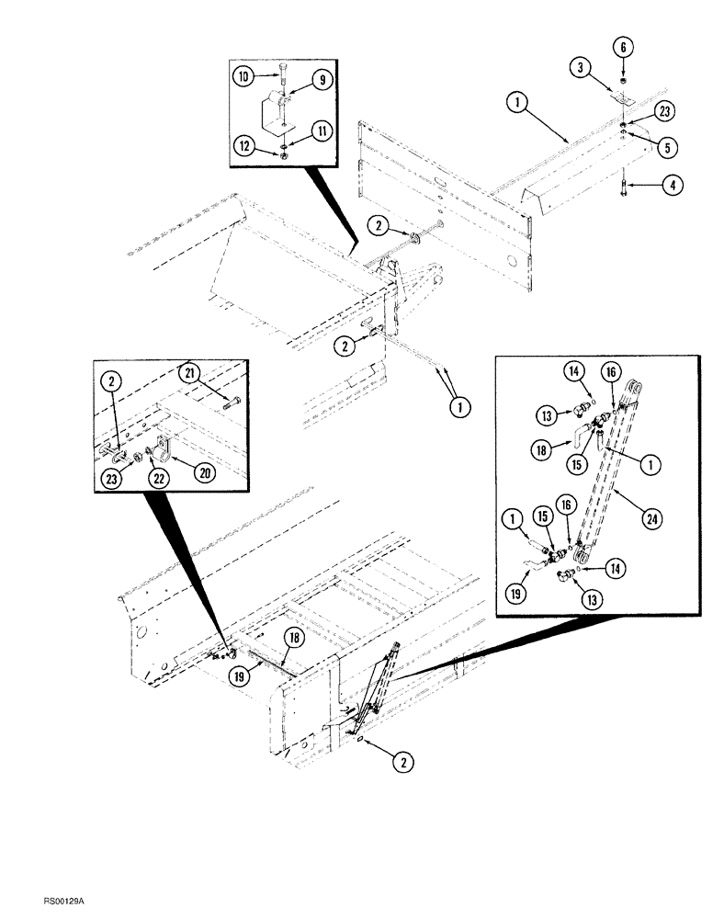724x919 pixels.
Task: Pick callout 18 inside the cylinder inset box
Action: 540,448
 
